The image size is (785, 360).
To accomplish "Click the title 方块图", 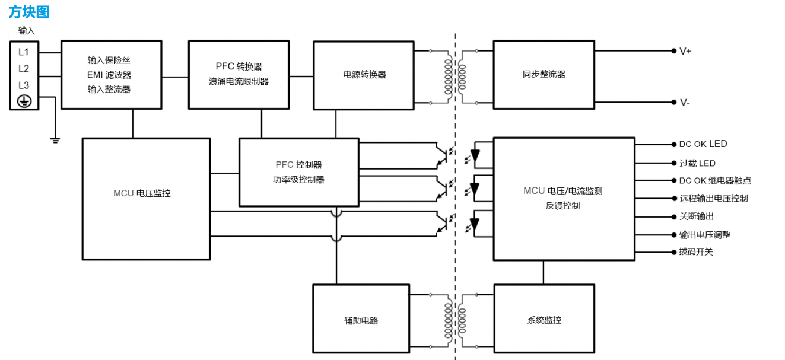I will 29,12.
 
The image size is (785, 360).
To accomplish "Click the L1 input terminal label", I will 24,52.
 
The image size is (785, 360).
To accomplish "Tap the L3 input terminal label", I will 24,85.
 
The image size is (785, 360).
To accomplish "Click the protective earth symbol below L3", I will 24,101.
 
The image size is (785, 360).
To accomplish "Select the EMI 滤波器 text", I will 109,75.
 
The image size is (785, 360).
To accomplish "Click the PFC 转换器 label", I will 239,66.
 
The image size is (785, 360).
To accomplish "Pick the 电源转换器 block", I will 364,75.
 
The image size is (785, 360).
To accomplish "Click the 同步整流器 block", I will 544,74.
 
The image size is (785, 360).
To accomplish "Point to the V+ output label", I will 685,51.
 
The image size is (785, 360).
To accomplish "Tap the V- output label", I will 685,103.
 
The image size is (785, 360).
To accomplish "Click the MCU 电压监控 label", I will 142,193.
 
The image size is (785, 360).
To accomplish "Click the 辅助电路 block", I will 361,320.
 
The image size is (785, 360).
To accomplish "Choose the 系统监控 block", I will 544,320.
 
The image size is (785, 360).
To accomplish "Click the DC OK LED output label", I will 703,144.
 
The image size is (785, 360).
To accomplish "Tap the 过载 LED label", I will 697,163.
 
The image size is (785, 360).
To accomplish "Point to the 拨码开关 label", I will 696,251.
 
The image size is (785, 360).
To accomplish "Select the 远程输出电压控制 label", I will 713,198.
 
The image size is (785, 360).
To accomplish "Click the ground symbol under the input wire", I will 55,141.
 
